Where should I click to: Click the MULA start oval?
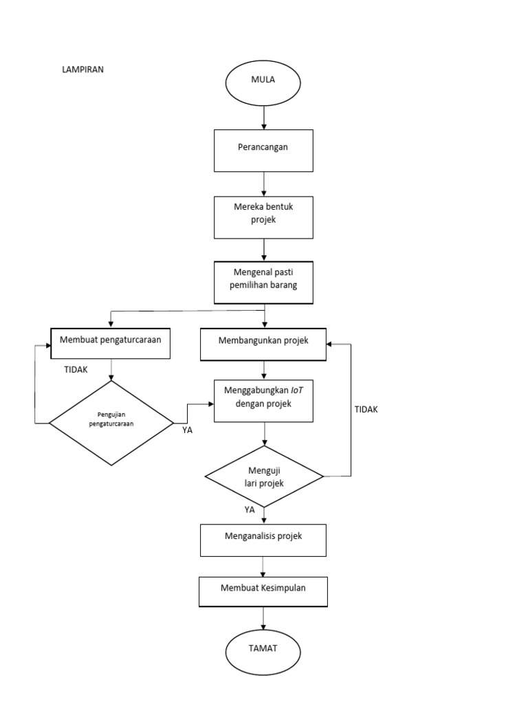[263, 80]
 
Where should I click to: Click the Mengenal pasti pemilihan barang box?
[263, 282]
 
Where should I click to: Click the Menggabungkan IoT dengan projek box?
[263, 400]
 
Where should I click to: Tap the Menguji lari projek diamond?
[265, 476]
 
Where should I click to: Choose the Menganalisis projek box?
[263, 540]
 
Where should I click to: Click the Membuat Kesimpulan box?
[263, 591]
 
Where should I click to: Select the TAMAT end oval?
[263, 650]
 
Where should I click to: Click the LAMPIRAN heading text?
[83, 69]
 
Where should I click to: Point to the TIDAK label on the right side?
[366, 409]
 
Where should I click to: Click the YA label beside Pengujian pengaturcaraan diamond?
[187, 430]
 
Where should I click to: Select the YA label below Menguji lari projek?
[250, 510]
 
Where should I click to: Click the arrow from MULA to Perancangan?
[264, 116]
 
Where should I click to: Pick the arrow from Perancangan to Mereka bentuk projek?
[264, 184]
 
